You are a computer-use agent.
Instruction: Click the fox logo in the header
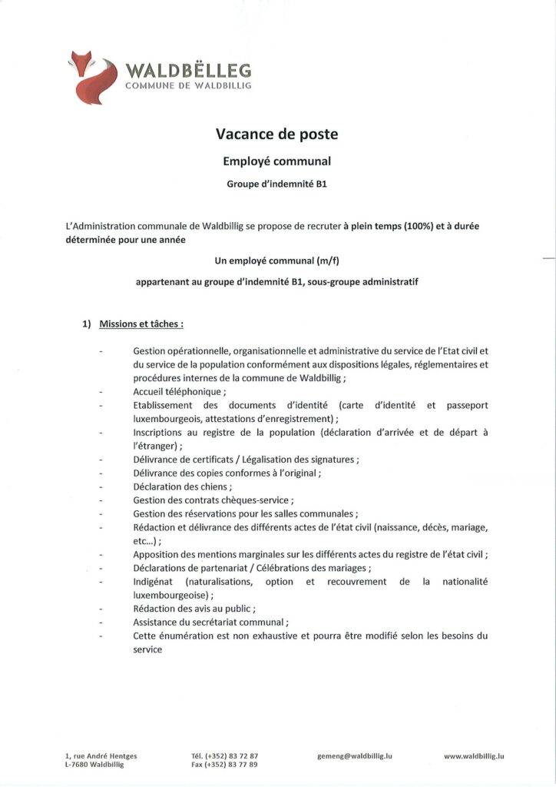pos(92,77)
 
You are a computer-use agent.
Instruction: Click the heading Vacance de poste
pos(277,134)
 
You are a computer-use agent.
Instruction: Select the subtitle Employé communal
pos(277,161)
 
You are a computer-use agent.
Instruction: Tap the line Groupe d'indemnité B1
pos(277,184)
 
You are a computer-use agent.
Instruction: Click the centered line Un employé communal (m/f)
pos(277,261)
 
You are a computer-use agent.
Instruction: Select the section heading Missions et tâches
pos(141,324)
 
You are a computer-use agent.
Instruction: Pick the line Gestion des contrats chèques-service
pos(202,500)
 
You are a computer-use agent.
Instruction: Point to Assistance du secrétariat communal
pos(210,622)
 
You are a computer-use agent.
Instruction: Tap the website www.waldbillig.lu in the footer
pos(474,755)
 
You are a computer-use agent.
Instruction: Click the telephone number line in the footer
pos(224,755)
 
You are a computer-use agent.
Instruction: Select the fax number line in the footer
pos(224,765)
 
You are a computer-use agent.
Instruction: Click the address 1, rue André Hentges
pos(101,755)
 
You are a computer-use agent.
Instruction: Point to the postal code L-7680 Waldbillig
pos(94,765)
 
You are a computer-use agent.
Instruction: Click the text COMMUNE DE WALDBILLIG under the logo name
pos(188,86)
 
